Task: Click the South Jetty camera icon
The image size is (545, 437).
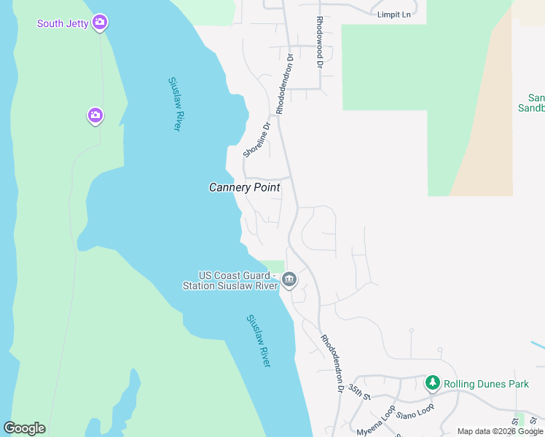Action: coord(100,23)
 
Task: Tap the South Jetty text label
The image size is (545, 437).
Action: coord(63,23)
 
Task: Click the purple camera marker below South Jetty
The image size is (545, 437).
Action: coord(95,115)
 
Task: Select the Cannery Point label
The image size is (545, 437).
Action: coord(244,187)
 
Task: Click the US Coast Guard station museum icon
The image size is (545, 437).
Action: coord(289,280)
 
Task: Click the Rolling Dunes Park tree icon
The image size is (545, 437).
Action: coord(433,382)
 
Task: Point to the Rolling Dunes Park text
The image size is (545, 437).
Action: coord(486,384)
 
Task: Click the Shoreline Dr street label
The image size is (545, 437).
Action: coord(256,139)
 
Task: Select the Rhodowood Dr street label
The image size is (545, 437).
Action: coord(319,42)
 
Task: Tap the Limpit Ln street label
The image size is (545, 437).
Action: coord(394,14)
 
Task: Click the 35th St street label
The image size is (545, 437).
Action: coord(360,391)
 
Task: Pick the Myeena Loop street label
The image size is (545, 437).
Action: coord(376,421)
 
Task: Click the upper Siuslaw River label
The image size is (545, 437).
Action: coord(174,104)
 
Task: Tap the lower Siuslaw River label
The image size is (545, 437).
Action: coord(258,340)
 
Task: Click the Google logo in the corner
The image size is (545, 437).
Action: coord(24,428)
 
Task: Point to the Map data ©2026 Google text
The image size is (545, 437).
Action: coord(500,431)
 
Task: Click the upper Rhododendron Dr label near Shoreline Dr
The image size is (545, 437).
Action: coord(283,82)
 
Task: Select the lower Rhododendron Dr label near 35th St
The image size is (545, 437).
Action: coord(332,363)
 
